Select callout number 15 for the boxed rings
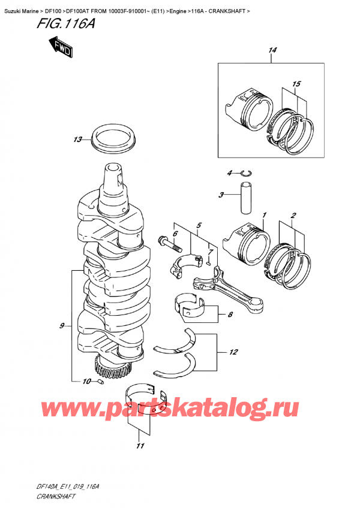296,83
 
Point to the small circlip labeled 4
245,174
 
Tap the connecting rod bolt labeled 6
168,244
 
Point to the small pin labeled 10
101,382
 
